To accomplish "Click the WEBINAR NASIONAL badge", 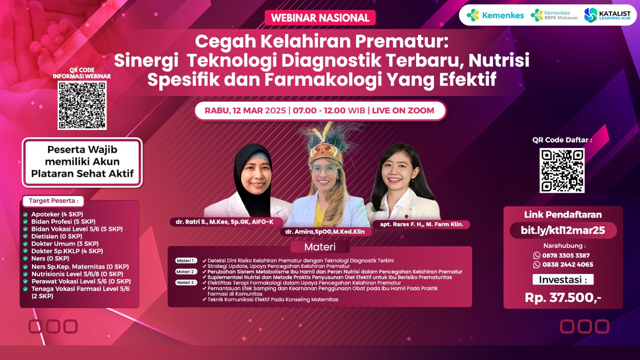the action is [x=320, y=18].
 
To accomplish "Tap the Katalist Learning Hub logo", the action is [x=608, y=15].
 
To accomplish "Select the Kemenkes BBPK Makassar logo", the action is [x=554, y=15].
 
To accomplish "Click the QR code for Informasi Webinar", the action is [x=82, y=105].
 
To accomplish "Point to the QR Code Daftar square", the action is [x=562, y=170].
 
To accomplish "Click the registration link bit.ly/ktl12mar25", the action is [x=563, y=230].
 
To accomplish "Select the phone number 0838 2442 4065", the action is [x=563, y=264].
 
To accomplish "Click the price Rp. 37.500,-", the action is [x=563, y=298].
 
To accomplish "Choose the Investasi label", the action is [x=563, y=280].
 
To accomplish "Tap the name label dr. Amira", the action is [x=326, y=232].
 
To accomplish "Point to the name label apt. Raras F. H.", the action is [x=422, y=224].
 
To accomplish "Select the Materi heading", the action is [x=320, y=247].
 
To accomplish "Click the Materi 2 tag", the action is [x=186, y=272].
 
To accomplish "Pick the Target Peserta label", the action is [x=54, y=200].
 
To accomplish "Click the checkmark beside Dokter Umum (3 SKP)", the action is [x=26, y=244].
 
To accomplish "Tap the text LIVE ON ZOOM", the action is [x=403, y=110].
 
